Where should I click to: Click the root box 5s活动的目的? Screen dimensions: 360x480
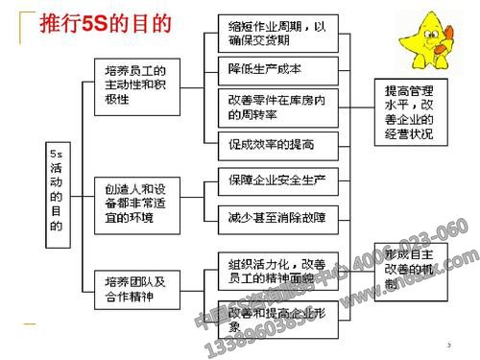tap(55, 190)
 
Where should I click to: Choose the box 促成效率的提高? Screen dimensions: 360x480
tap(271, 144)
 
